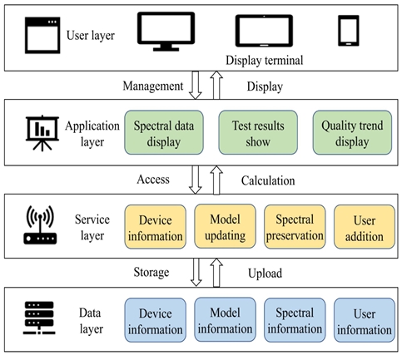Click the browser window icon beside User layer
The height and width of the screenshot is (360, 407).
pos(42,35)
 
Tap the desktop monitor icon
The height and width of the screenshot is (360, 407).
pos(166,32)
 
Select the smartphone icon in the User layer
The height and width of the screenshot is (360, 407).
pos(349,31)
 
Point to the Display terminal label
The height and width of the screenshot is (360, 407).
pos(264,61)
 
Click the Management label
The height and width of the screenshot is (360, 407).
pos(153,86)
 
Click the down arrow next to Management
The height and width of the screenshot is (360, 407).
pos(196,85)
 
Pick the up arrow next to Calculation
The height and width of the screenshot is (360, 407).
pos(216,180)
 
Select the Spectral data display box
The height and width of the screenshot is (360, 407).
pos(164,132)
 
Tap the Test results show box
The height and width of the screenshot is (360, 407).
pos(258,132)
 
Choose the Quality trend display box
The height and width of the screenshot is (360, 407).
pos(352,132)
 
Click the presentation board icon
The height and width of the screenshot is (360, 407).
pos(42,133)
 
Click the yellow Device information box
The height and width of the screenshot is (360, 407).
pos(156,227)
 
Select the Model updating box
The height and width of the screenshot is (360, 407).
pos(225,226)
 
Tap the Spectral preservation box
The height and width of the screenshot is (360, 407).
pos(295,227)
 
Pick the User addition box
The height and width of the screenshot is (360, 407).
pos(365,227)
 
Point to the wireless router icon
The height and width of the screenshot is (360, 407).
pos(40,224)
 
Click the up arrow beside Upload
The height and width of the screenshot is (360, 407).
pos(216,273)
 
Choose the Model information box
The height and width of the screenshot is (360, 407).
pos(225,319)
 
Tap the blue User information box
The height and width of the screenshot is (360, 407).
pos(365,320)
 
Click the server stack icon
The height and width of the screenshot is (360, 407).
pos(39,318)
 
